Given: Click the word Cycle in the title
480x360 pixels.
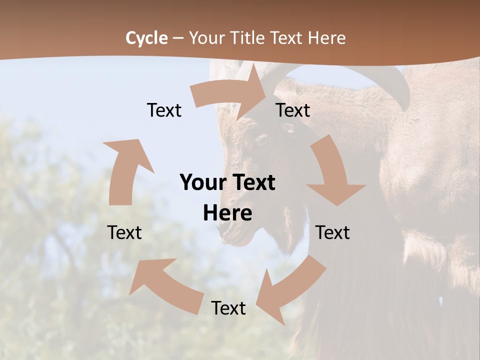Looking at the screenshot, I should (146, 38).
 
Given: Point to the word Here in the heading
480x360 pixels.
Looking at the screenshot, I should (326, 38).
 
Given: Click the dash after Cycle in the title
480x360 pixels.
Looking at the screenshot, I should (178, 38).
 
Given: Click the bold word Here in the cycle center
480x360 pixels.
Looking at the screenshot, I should (227, 213).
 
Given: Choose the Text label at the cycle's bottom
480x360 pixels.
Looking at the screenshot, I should (228, 308).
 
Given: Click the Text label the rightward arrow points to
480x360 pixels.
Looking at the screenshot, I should (293, 110).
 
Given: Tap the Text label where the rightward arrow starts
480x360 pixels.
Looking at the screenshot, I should (164, 110).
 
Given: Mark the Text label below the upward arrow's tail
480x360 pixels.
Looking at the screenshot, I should (125, 232).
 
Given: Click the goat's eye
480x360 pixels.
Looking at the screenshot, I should (261, 140).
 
